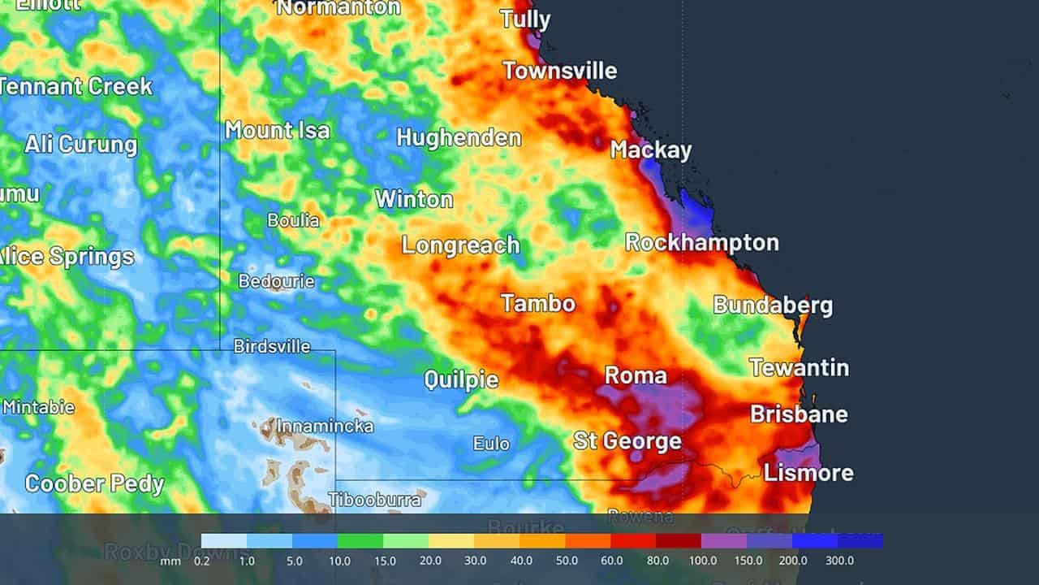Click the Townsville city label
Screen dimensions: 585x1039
[559, 71]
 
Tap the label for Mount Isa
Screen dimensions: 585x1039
[278, 130]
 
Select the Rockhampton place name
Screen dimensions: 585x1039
[701, 242]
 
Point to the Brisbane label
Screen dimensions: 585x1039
[799, 414]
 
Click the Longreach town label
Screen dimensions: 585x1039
[460, 245]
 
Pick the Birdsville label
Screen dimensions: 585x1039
[272, 346]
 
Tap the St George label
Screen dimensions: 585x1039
[627, 441]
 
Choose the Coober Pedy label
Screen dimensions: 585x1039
[94, 484]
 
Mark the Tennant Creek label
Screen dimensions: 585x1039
[76, 86]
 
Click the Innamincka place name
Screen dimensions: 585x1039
[325, 426]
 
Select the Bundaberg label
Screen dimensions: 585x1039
[773, 305]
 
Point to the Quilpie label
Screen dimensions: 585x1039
[461, 379]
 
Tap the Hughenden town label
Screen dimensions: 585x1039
[459, 137]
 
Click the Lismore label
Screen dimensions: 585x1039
[808, 473]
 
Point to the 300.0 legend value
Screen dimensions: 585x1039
[839, 561]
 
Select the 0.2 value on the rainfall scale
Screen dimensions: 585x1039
[201, 561]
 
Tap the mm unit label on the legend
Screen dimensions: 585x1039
[170, 561]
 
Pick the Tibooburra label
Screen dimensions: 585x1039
[374, 499]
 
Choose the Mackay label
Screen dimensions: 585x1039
[651, 150]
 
